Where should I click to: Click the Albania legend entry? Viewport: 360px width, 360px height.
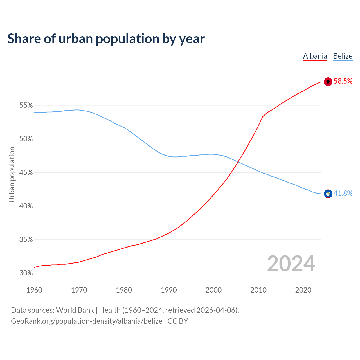tap(315, 56)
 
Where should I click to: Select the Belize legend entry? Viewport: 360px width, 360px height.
tap(343, 56)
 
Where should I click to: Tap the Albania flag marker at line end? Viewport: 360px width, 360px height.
tap(328, 82)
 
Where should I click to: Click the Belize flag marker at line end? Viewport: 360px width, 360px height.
tap(328, 193)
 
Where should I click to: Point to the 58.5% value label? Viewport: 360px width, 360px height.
tap(343, 81)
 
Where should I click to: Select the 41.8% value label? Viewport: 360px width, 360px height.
tap(343, 193)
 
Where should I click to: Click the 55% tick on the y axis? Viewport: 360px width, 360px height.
tap(26, 105)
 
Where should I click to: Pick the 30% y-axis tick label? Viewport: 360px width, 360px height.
tap(26, 273)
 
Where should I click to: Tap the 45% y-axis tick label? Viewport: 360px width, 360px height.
tap(26, 172)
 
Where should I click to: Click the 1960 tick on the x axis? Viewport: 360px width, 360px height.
tap(34, 290)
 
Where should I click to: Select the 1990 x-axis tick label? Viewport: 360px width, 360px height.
tap(169, 290)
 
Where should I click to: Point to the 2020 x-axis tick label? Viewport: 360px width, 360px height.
tap(303, 290)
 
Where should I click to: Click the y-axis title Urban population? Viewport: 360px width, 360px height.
tap(12, 174)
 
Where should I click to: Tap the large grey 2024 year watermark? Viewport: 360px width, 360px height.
tap(291, 264)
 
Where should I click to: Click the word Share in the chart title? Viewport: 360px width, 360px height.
tap(24, 39)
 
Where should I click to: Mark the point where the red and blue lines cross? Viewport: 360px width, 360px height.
tap(238, 162)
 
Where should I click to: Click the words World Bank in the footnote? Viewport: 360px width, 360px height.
tap(75, 310)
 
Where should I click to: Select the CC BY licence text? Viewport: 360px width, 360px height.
tap(178, 321)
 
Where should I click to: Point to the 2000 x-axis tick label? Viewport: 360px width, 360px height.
tap(213, 290)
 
